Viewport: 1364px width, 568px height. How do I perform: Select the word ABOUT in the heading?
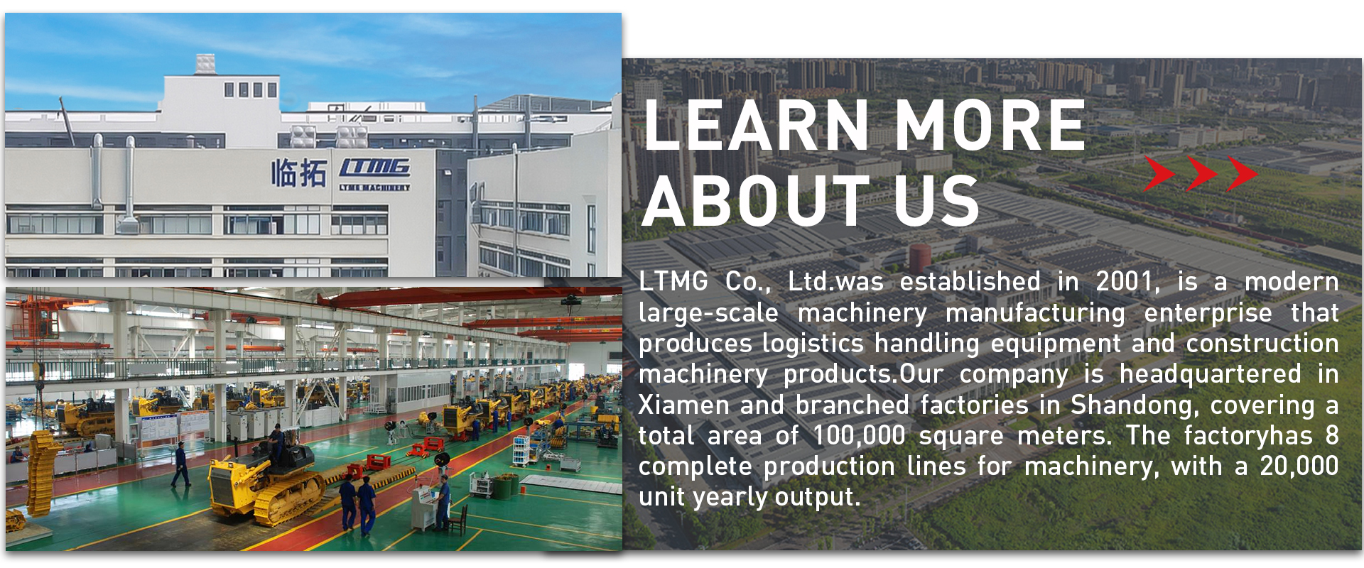(756, 201)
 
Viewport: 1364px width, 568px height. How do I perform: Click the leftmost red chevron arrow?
(1159, 174)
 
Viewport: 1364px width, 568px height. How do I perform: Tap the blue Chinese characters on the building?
(298, 173)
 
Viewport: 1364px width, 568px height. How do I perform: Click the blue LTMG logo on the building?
(374, 168)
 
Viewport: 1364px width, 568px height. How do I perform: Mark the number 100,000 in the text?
(859, 436)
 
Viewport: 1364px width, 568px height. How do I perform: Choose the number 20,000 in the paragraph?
(1299, 466)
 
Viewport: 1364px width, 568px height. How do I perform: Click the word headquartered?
(1211, 375)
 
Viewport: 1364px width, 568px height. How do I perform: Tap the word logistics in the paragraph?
(813, 344)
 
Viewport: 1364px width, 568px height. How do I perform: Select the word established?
(970, 282)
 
